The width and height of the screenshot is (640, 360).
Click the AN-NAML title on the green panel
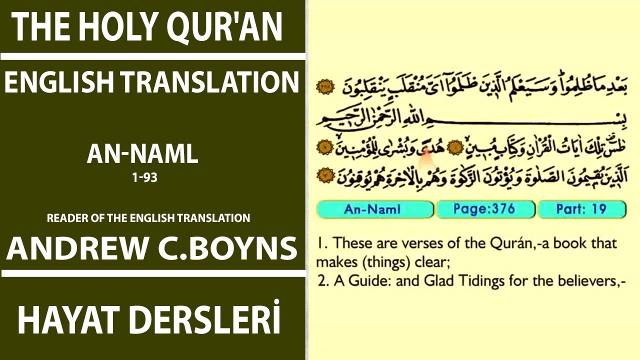click(142, 154)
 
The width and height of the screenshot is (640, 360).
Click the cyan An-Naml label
click(372, 209)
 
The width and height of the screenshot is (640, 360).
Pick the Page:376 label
click(484, 209)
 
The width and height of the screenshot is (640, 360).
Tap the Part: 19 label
click(581, 209)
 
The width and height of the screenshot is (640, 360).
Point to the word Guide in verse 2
click(364, 281)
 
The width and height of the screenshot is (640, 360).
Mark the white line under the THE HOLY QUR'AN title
click(152, 56)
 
